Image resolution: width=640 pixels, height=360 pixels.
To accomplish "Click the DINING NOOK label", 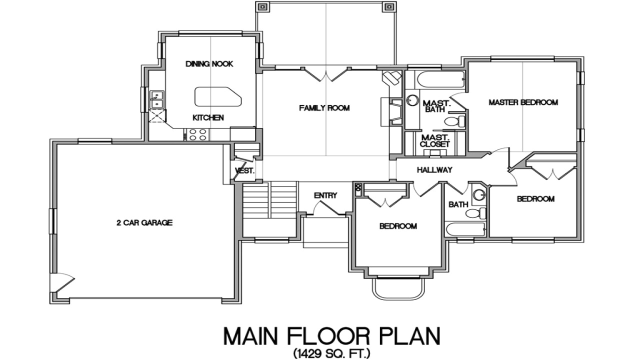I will click(x=209, y=64).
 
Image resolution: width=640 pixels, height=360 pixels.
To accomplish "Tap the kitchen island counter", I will click(x=217, y=96).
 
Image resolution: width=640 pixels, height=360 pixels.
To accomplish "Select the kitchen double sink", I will click(x=157, y=99).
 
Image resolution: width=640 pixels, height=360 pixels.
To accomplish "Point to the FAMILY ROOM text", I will click(x=324, y=108).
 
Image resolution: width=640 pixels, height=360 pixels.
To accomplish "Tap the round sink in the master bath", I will click(x=412, y=100).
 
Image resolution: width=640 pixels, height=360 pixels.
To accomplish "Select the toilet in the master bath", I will click(x=455, y=121).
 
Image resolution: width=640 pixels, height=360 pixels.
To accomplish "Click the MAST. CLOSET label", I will click(x=435, y=141).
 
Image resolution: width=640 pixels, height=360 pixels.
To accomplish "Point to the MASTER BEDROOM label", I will click(x=523, y=102).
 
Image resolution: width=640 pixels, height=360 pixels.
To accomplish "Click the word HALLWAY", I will click(x=434, y=170).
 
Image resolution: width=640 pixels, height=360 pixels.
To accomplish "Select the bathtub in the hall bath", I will click(x=465, y=230).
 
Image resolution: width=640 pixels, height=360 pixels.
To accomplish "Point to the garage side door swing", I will click(x=64, y=282).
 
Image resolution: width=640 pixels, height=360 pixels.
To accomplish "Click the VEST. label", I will click(x=245, y=170).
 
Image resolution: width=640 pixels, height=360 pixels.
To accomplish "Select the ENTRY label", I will click(x=325, y=195).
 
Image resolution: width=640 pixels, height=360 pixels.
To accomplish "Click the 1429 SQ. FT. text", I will click(x=332, y=354).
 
